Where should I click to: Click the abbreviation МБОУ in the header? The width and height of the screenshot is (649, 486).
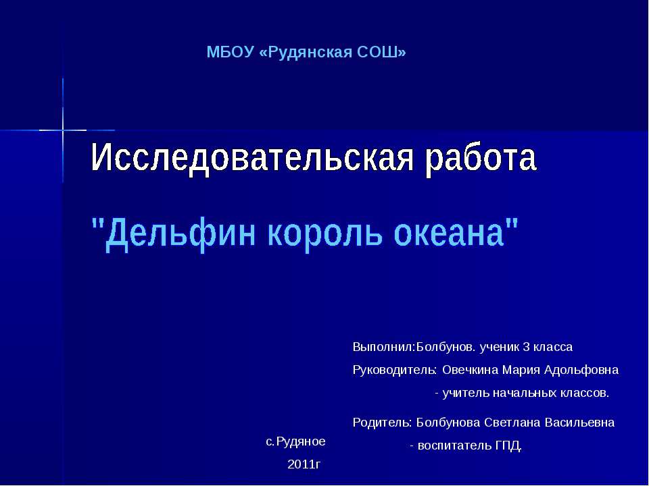(230, 53)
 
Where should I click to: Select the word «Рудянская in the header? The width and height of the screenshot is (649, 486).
(306, 53)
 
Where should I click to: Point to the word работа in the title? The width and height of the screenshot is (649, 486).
(481, 157)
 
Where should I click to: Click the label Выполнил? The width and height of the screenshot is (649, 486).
(384, 347)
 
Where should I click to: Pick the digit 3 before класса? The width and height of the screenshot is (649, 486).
(526, 347)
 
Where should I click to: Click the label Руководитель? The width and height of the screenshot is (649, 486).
(394, 370)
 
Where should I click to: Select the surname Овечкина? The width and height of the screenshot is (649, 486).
(471, 369)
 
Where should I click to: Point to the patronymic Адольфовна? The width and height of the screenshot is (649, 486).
(581, 370)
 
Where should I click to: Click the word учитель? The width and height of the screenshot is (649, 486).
(466, 393)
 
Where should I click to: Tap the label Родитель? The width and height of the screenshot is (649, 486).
(382, 423)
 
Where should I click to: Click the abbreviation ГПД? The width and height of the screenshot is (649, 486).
(508, 446)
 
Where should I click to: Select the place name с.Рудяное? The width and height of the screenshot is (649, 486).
(295, 441)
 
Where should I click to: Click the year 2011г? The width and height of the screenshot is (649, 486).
(304, 464)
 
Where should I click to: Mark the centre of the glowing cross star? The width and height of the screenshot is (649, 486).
(63, 130)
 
